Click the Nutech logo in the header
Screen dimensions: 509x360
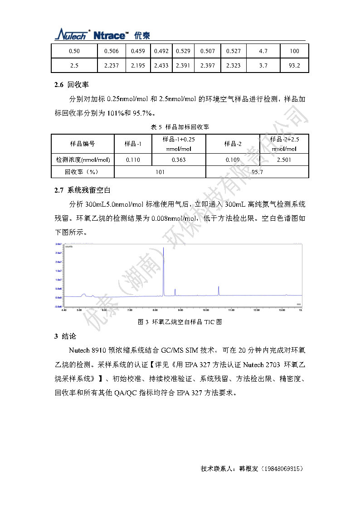(73, 35)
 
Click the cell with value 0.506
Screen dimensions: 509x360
(112, 51)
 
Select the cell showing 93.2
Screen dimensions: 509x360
(294, 66)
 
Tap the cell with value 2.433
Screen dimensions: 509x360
(161, 66)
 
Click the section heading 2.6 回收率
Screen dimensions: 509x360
(71, 85)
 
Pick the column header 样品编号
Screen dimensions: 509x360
(83, 144)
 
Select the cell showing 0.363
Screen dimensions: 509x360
(179, 160)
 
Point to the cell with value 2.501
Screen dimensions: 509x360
(284, 160)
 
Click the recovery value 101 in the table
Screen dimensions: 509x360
(160, 172)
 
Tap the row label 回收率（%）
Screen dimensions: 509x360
(82, 172)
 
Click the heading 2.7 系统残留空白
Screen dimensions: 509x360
(82, 190)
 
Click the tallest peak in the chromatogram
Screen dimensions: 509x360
(163, 249)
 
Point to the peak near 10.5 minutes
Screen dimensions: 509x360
(219, 287)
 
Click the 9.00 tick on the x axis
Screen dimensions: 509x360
(180, 310)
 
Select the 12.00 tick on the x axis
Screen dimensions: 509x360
(256, 310)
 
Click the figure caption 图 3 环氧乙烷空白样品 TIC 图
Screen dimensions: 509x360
(180, 322)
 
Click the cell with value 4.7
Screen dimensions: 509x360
(263, 51)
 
